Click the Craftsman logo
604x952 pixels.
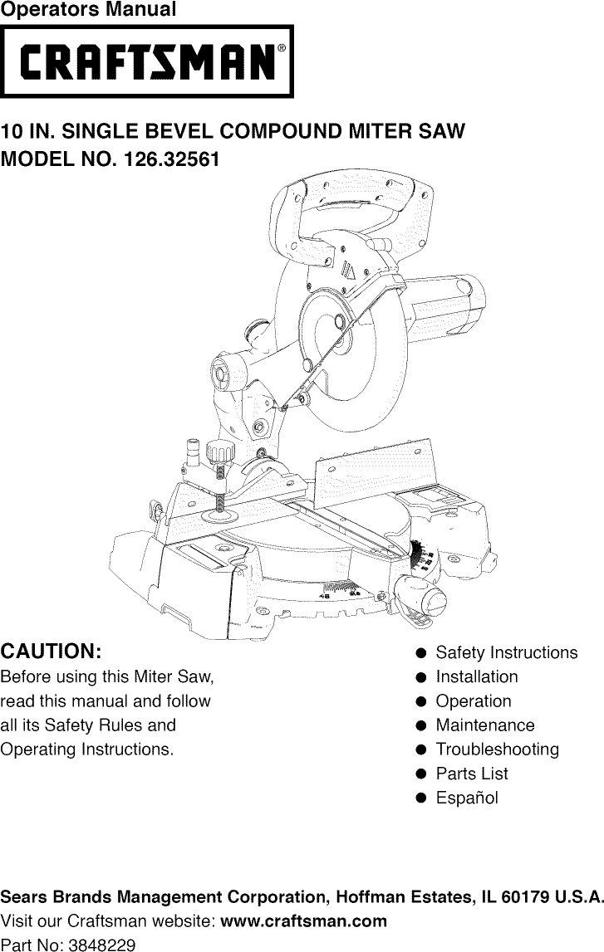(146, 61)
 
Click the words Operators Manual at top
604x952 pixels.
(88, 10)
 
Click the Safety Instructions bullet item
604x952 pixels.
(506, 652)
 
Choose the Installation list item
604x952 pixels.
(476, 676)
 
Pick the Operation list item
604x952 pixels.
(474, 701)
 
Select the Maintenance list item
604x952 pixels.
(485, 725)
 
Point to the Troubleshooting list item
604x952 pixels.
(497, 749)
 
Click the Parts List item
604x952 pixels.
(471, 774)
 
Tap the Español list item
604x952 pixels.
(467, 798)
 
